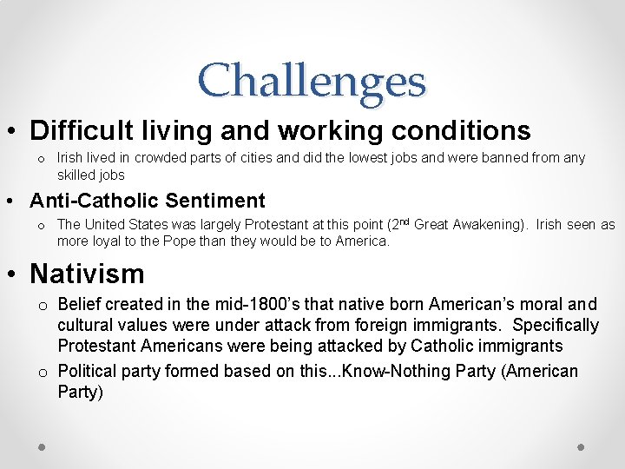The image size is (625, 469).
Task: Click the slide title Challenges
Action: click(x=312, y=81)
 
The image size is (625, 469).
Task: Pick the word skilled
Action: click(x=77, y=175)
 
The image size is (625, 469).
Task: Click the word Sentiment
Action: click(x=217, y=201)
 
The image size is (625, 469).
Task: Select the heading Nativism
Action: click(x=87, y=274)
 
